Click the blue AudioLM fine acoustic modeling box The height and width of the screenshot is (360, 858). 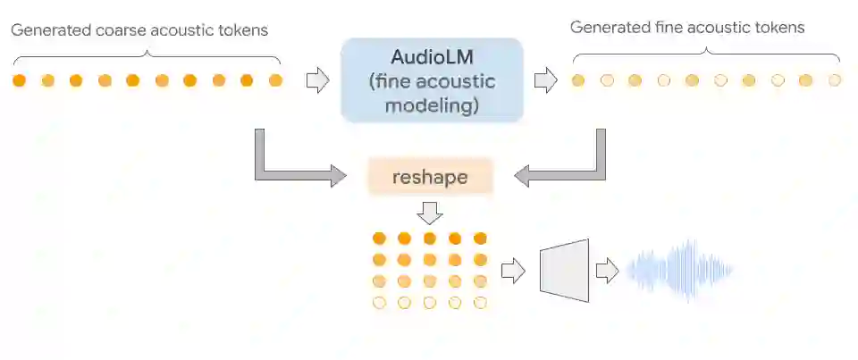[x=432, y=80]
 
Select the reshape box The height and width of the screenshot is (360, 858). [x=430, y=177]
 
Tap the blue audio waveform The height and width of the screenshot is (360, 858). [x=680, y=268]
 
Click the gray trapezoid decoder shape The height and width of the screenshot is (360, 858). [x=566, y=270]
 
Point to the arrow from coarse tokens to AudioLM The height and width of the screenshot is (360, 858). [x=317, y=81]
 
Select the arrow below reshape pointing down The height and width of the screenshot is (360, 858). [x=430, y=212]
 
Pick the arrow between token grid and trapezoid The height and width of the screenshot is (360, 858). [x=513, y=270]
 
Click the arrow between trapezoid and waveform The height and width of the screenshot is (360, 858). [x=608, y=270]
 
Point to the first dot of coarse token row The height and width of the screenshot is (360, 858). [x=20, y=80]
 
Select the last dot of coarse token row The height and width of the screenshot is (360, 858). [x=275, y=80]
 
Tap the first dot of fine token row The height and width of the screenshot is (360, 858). [x=578, y=80]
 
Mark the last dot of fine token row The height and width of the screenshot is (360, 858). [x=835, y=80]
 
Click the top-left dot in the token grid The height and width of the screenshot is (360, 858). [x=379, y=239]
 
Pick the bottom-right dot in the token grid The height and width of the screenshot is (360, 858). [x=481, y=303]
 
